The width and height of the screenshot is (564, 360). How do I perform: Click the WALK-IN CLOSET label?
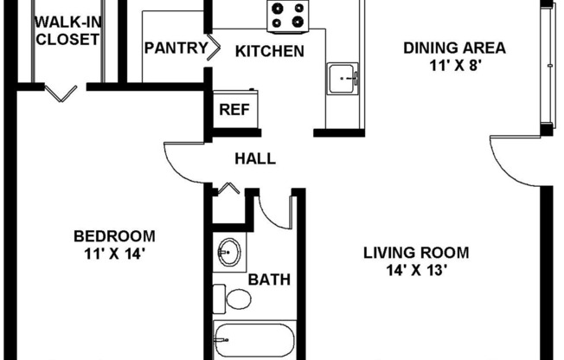click(66, 30)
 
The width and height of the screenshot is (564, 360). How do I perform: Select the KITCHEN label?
click(270, 51)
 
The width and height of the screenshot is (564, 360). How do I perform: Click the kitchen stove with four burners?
click(288, 15)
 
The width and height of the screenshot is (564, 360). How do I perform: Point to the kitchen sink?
click(342, 79)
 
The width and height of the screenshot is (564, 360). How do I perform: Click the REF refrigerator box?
click(233, 109)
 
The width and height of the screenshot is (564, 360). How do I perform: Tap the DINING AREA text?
click(454, 48)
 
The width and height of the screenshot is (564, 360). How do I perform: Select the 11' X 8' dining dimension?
click(454, 64)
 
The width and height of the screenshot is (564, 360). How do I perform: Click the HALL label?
click(255, 158)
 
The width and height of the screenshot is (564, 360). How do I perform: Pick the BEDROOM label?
click(114, 236)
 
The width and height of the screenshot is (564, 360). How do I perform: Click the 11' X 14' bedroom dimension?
click(114, 254)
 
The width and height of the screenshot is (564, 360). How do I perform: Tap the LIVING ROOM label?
click(416, 253)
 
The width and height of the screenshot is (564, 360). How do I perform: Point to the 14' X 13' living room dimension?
click(416, 269)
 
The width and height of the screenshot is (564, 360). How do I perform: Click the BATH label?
click(269, 280)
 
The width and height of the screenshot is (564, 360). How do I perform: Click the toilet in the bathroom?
click(232, 299)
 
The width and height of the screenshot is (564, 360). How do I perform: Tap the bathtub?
click(254, 339)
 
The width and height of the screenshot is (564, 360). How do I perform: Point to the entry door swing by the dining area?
click(515, 160)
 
